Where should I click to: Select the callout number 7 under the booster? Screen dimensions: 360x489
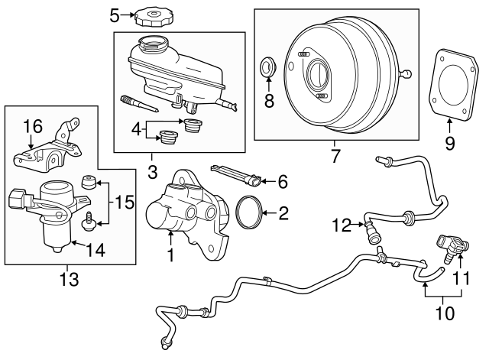pos(333,156)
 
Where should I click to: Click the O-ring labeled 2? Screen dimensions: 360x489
pos(250,212)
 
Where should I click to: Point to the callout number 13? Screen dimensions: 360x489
pos(70,280)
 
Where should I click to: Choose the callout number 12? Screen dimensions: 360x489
pos(341,224)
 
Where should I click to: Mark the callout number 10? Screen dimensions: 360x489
pos(444,313)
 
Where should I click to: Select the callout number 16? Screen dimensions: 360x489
pos(31,125)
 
